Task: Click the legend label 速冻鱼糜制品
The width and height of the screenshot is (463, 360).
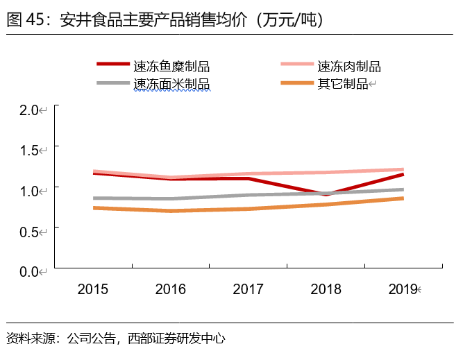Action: tap(171, 67)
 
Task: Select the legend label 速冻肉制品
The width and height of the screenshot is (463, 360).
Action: tap(348, 67)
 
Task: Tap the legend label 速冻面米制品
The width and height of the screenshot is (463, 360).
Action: tap(171, 84)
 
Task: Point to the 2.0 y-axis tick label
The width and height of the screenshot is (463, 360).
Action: tap(28, 110)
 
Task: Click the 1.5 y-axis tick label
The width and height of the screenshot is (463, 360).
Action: tap(28, 150)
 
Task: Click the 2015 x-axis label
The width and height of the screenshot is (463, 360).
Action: tap(93, 289)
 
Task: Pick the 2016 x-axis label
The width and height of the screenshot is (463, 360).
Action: tap(171, 289)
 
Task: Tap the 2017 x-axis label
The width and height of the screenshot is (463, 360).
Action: tap(249, 289)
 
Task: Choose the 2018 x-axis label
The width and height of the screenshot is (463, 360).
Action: tap(326, 289)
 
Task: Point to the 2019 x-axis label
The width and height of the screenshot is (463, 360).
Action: tap(403, 289)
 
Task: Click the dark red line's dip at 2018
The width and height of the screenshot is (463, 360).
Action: tap(326, 194)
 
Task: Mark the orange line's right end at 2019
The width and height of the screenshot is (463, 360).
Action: tap(403, 198)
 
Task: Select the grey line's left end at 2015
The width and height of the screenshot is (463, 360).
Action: tap(94, 198)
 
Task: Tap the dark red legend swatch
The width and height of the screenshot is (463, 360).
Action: tap(112, 65)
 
